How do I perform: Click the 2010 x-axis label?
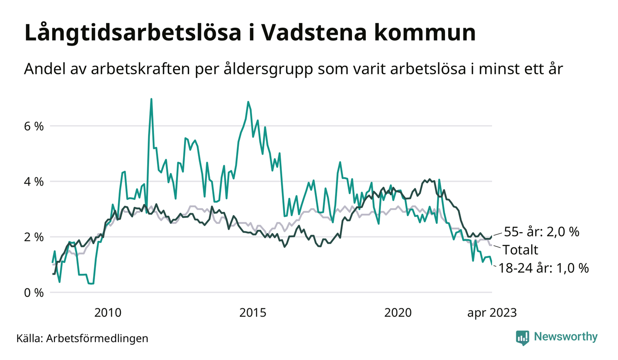pyautogui.click(x=108, y=313)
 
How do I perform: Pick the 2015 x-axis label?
pyautogui.click(x=253, y=313)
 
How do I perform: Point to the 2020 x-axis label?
pyautogui.click(x=398, y=313)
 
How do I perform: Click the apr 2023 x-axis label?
pyautogui.click(x=492, y=313)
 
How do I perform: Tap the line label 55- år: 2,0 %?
pyautogui.click(x=541, y=232)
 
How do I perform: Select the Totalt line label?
pyautogui.click(x=521, y=250)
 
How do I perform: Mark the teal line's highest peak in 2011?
pyautogui.click(x=151, y=99)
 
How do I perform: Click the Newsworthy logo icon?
pyautogui.click(x=523, y=337)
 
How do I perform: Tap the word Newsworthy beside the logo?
pyautogui.click(x=565, y=337)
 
